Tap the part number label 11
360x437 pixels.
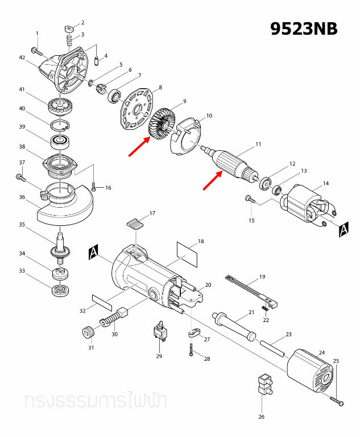click(x=258, y=145)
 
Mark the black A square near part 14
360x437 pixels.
click(x=344, y=229)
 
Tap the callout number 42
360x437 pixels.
click(x=22, y=58)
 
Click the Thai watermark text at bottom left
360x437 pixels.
click(x=94, y=401)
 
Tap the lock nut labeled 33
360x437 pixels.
click(x=60, y=292)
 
